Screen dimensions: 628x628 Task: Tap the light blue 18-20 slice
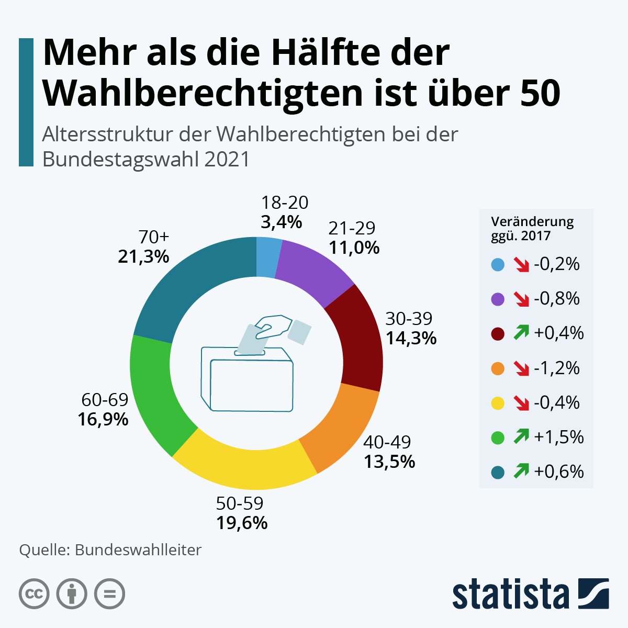(x=267, y=256)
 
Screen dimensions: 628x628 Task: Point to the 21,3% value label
(x=143, y=256)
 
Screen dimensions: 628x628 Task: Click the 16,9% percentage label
(x=103, y=419)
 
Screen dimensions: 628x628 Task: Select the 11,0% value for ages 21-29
(x=354, y=248)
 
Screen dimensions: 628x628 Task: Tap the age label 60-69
(x=105, y=400)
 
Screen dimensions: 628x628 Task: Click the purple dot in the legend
(x=498, y=299)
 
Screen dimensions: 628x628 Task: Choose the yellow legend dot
(x=498, y=403)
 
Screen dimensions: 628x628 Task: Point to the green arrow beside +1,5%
(x=521, y=436)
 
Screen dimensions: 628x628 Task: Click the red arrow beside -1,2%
(x=521, y=368)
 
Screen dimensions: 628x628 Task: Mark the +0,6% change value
(x=559, y=472)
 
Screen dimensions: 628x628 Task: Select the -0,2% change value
(x=557, y=264)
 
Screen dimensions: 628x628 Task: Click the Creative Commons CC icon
(x=34, y=594)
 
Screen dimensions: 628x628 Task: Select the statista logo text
(x=511, y=593)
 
